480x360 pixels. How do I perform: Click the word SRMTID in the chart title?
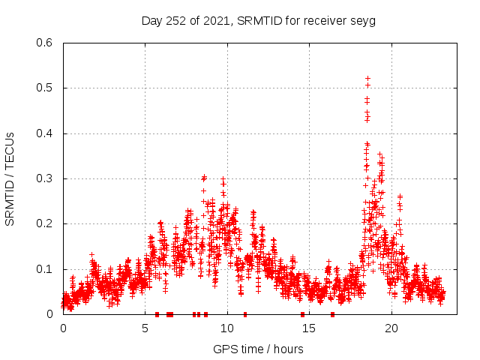coord(257,21)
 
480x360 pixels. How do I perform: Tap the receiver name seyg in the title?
coord(362,21)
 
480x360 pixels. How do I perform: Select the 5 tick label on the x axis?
coord(145,328)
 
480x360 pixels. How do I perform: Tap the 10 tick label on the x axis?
coord(227,328)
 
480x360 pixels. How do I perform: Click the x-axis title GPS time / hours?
coord(258,349)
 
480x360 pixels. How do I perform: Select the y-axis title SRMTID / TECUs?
coord(10,178)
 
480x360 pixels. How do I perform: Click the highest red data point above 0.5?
coord(367,78)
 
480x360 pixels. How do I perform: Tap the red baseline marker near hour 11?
coord(245,314)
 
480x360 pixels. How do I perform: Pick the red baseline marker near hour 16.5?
coord(332,314)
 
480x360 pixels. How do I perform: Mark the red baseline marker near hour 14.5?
coord(302,314)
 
